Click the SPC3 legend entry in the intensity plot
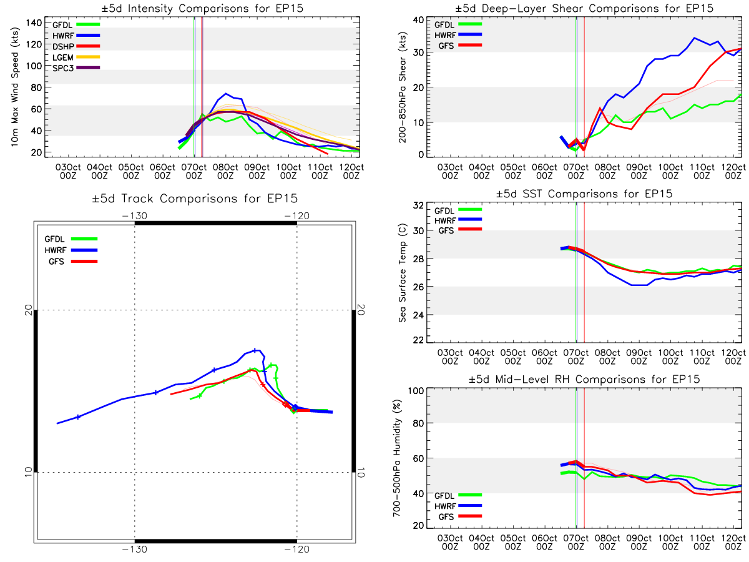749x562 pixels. pyautogui.click(x=76, y=68)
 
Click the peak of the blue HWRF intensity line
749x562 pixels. pyautogui.click(x=225, y=94)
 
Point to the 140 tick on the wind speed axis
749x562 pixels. pyautogui.click(x=34, y=23)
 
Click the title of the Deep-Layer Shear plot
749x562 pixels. pyautogui.click(x=584, y=8)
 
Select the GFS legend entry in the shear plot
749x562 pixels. pyautogui.click(x=459, y=46)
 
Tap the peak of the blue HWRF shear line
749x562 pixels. pyautogui.click(x=694, y=38)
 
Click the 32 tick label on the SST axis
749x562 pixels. pyautogui.click(x=418, y=205)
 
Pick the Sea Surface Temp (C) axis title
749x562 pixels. pyautogui.click(x=403, y=273)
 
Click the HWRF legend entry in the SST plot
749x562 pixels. pyautogui.click(x=458, y=220)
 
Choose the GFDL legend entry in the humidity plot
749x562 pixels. pyautogui.click(x=458, y=495)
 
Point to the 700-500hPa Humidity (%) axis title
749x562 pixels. pyautogui.click(x=397, y=458)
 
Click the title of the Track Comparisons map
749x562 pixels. pyautogui.click(x=195, y=199)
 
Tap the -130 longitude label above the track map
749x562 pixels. pyautogui.click(x=134, y=216)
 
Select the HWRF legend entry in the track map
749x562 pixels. pyautogui.click(x=71, y=250)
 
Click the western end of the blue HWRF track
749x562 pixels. pyautogui.click(x=57, y=423)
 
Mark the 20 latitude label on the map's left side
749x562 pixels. pyautogui.click(x=29, y=310)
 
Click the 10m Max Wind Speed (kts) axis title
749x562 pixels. pyautogui.click(x=15, y=87)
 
